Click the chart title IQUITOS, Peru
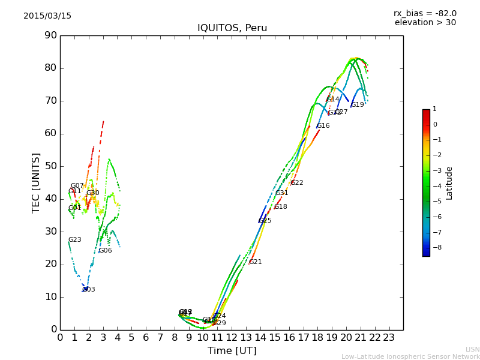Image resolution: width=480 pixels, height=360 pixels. coord(232,28)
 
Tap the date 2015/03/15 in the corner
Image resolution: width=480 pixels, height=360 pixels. coord(47,16)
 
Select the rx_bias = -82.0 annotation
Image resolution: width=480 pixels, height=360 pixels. coord(425,13)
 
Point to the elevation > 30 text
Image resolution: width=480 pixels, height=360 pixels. coord(425,23)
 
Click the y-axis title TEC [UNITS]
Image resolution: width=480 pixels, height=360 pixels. coord(36,182)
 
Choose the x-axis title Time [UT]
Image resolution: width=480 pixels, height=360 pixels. coord(232,351)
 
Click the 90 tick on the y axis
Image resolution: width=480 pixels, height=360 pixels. coord(50,35)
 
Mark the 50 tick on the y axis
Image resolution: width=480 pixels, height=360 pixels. coord(50,166)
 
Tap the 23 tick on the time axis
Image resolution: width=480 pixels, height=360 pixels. coord(389,338)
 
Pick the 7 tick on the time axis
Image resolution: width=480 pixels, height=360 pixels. coord(160,338)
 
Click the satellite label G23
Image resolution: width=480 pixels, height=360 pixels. coord(74,240)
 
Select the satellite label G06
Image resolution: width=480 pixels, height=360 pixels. coord(105,251)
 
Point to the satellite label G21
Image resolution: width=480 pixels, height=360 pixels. coord(255,262)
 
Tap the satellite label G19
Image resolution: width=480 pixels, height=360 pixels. coord(358,105)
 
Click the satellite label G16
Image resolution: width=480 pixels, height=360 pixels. coord(323,126)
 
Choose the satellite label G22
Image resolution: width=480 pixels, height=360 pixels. coord(296,183)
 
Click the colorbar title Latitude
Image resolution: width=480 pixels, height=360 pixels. coord(449,183)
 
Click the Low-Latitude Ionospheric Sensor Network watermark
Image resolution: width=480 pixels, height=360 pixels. coord(410,357)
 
